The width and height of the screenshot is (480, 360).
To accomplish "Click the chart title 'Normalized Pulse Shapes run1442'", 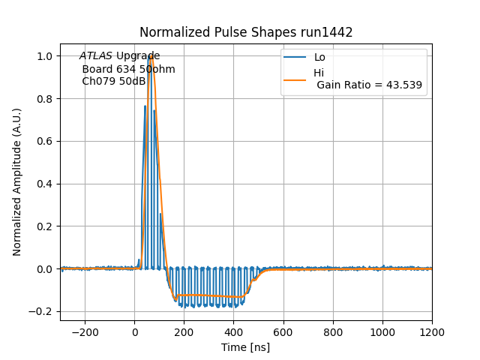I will tap(246, 32).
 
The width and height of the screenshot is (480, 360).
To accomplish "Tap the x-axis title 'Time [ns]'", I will tap(245, 347).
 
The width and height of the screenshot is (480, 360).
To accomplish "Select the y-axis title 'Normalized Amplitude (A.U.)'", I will tap(17, 182).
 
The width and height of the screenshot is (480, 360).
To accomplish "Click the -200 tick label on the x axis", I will tap(85, 331).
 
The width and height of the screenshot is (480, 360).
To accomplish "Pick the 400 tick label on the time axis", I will tap(233, 331).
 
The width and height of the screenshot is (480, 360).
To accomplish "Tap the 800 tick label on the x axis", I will tap(332, 331).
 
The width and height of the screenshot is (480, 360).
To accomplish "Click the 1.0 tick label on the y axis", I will tap(46, 56).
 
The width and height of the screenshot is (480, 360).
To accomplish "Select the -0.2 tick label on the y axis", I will tap(43, 311).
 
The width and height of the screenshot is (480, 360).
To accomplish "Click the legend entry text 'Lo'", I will tap(319, 57).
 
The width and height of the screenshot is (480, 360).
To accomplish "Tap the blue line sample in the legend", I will tap(295, 57).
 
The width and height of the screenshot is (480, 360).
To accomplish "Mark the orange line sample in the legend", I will tap(295, 79).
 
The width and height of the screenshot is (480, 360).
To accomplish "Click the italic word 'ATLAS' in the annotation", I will tap(96, 56).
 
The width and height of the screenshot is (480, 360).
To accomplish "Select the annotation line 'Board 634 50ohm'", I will tap(128, 69).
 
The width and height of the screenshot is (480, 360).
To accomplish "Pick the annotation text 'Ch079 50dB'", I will tap(113, 81).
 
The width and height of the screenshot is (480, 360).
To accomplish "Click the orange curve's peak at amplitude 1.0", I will tap(151, 56).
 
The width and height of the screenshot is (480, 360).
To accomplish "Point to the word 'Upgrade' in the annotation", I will tap(138, 56).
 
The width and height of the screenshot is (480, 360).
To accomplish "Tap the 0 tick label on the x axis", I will tap(134, 331).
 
